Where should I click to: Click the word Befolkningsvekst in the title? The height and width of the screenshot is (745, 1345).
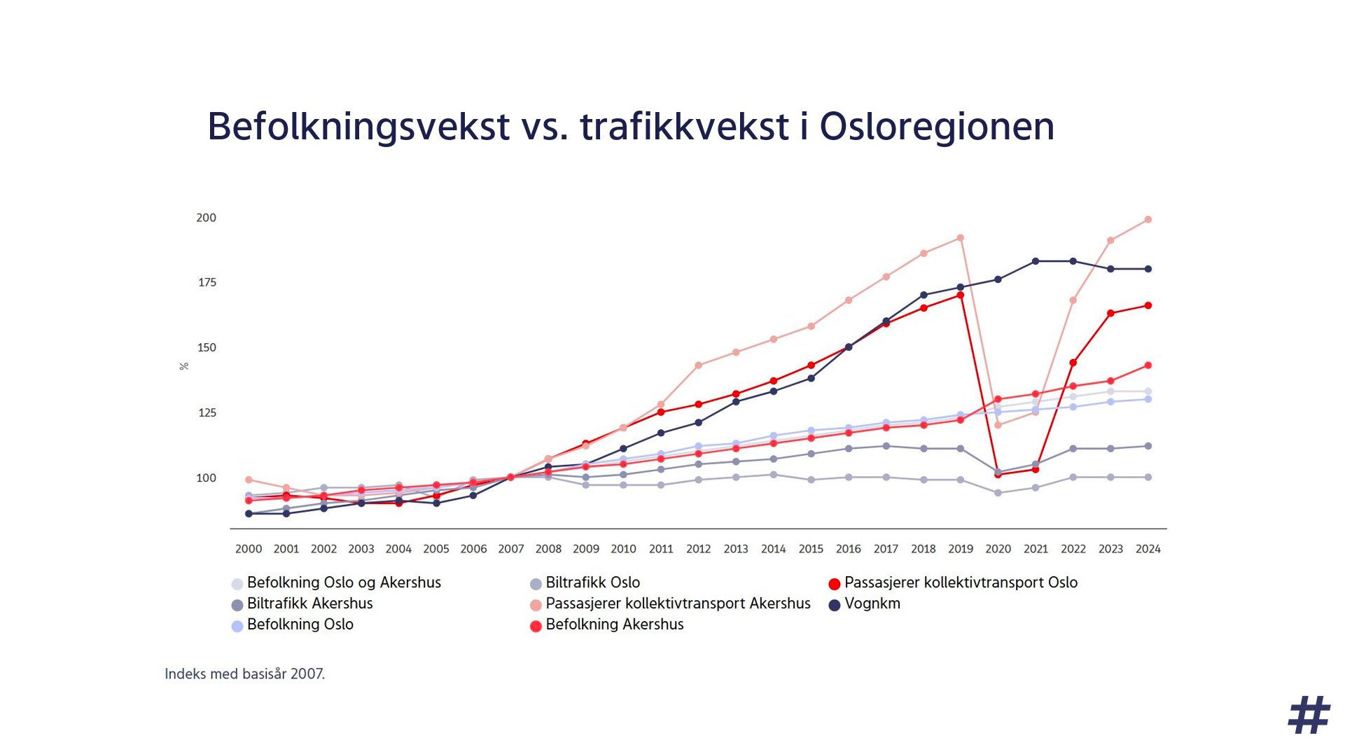[x=358, y=127]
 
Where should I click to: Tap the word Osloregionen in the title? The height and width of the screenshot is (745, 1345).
[x=936, y=127]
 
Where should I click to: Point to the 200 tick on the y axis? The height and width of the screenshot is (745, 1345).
[x=206, y=218]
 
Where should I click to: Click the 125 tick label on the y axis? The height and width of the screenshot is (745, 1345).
[x=207, y=413]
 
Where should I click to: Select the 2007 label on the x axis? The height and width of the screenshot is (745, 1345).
[x=510, y=549]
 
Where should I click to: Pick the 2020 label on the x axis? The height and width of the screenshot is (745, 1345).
[x=998, y=549]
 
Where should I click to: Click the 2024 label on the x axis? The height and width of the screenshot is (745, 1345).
[x=1148, y=549]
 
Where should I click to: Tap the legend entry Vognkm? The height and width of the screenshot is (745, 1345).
[x=872, y=604]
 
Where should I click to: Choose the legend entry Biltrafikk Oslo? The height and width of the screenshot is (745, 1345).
[x=592, y=583]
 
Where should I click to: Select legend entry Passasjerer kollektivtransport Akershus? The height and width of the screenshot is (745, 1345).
[x=678, y=604]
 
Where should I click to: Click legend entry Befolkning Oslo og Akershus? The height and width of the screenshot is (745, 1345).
[x=344, y=583]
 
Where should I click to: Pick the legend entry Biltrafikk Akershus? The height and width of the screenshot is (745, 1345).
[x=309, y=604]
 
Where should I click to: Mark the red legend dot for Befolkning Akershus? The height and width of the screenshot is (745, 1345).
[x=536, y=626]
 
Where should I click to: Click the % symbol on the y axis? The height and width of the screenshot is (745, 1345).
[x=184, y=366]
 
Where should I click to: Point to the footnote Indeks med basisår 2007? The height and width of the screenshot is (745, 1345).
[x=244, y=674]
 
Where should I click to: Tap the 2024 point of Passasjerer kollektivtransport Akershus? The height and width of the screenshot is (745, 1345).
[x=1148, y=220]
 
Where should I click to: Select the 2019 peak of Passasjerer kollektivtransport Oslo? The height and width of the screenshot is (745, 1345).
[x=961, y=295]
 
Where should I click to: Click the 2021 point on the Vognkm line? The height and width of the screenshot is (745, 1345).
[x=1036, y=262]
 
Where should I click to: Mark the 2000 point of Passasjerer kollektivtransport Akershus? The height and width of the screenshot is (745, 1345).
[x=249, y=480]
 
